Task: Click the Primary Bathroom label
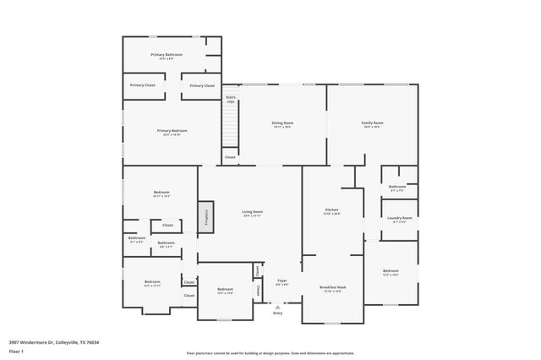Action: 167,56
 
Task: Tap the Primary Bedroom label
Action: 172,131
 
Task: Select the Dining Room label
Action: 282,124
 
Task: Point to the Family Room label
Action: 373,124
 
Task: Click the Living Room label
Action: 253,213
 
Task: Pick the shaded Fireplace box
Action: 204,216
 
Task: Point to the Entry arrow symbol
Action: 276,306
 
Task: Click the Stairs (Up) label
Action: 230,99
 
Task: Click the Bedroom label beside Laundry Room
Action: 391,271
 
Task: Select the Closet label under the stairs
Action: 230,157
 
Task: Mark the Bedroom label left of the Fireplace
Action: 161,194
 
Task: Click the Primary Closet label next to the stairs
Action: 202,85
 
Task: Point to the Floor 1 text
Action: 17,350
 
